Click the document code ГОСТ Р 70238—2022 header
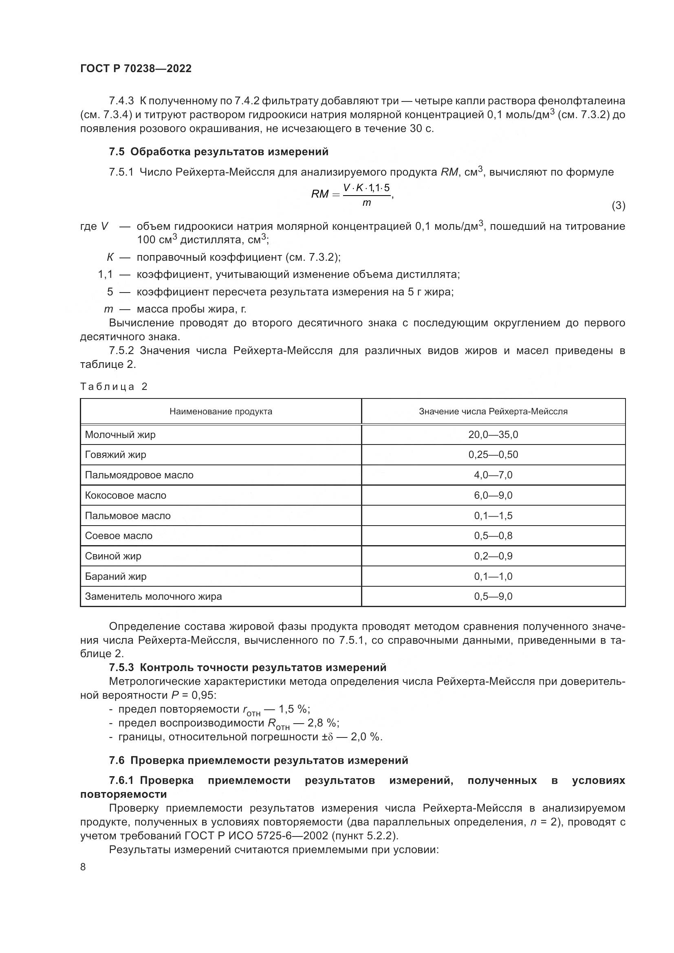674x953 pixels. [x=136, y=69]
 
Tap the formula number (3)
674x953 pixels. [x=618, y=205]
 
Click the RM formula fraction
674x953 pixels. [x=366, y=195]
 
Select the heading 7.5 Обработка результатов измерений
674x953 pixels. [x=219, y=152]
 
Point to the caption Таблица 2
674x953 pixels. [x=114, y=387]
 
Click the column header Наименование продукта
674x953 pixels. [x=221, y=412]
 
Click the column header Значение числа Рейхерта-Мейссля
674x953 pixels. [x=493, y=412]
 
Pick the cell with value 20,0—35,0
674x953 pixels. [x=493, y=435]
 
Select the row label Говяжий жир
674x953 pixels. [x=116, y=455]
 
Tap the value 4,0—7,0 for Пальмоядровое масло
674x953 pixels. [x=493, y=475]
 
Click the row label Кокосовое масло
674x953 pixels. [x=126, y=495]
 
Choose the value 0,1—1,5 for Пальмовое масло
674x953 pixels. [x=493, y=515]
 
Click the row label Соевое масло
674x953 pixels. [x=119, y=535]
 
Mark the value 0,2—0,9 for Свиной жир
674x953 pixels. [x=493, y=556]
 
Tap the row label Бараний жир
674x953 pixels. [x=116, y=576]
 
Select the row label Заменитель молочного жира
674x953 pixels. [x=154, y=596]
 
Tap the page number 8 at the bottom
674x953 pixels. [x=83, y=867]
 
